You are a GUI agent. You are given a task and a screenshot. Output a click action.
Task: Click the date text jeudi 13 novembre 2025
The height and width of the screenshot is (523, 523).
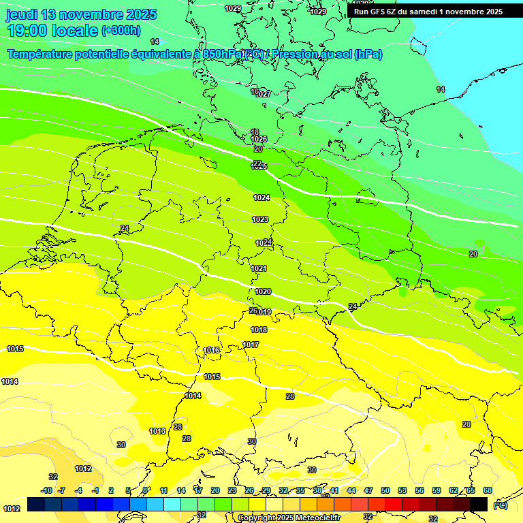[81, 14]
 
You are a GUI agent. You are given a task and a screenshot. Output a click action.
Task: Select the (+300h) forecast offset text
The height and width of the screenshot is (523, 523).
[121, 30]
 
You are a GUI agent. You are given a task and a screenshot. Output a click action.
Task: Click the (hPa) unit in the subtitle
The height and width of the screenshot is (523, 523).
[368, 54]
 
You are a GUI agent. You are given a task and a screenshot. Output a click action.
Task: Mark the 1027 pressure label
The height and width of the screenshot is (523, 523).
[264, 94]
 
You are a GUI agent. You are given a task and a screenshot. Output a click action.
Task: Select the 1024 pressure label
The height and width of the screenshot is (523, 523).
[261, 197]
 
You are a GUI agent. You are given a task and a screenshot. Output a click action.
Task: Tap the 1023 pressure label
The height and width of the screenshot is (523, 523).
[260, 219]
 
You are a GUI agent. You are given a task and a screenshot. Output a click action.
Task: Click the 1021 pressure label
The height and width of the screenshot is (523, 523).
[259, 268]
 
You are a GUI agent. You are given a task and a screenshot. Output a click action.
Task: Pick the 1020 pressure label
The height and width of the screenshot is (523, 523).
[263, 291]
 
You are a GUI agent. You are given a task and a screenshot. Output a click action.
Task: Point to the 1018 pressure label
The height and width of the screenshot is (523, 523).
[259, 330]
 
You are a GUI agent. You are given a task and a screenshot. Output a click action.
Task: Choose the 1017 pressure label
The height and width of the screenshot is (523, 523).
[251, 345]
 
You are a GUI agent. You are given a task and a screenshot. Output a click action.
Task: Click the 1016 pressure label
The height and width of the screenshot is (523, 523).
[212, 350]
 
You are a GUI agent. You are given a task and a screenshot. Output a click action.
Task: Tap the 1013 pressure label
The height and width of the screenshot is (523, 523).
[157, 431]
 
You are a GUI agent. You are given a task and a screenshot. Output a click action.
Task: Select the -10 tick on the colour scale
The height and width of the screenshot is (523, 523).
[46, 490]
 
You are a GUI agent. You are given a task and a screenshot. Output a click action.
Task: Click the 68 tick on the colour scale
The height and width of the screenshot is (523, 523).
[488, 490]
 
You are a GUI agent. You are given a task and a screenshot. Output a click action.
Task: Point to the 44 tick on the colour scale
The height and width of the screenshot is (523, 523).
[351, 490]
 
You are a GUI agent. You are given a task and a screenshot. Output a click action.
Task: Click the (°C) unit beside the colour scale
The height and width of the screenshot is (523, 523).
[501, 505]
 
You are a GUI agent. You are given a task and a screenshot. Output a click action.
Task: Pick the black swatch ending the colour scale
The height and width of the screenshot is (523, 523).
[479, 504]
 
